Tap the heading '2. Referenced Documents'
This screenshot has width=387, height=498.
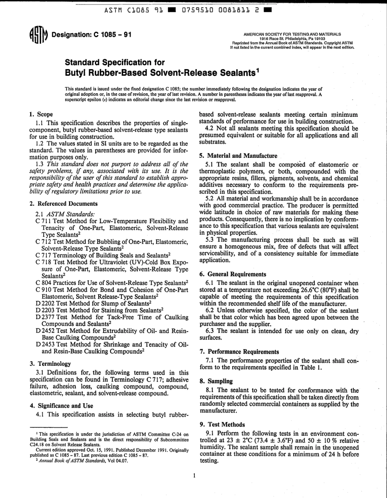coord(64,203)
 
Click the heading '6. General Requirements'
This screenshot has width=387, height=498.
coord(233,274)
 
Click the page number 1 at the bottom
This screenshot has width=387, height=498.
coord(194,475)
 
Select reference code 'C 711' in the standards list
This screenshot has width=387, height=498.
coord(43,221)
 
